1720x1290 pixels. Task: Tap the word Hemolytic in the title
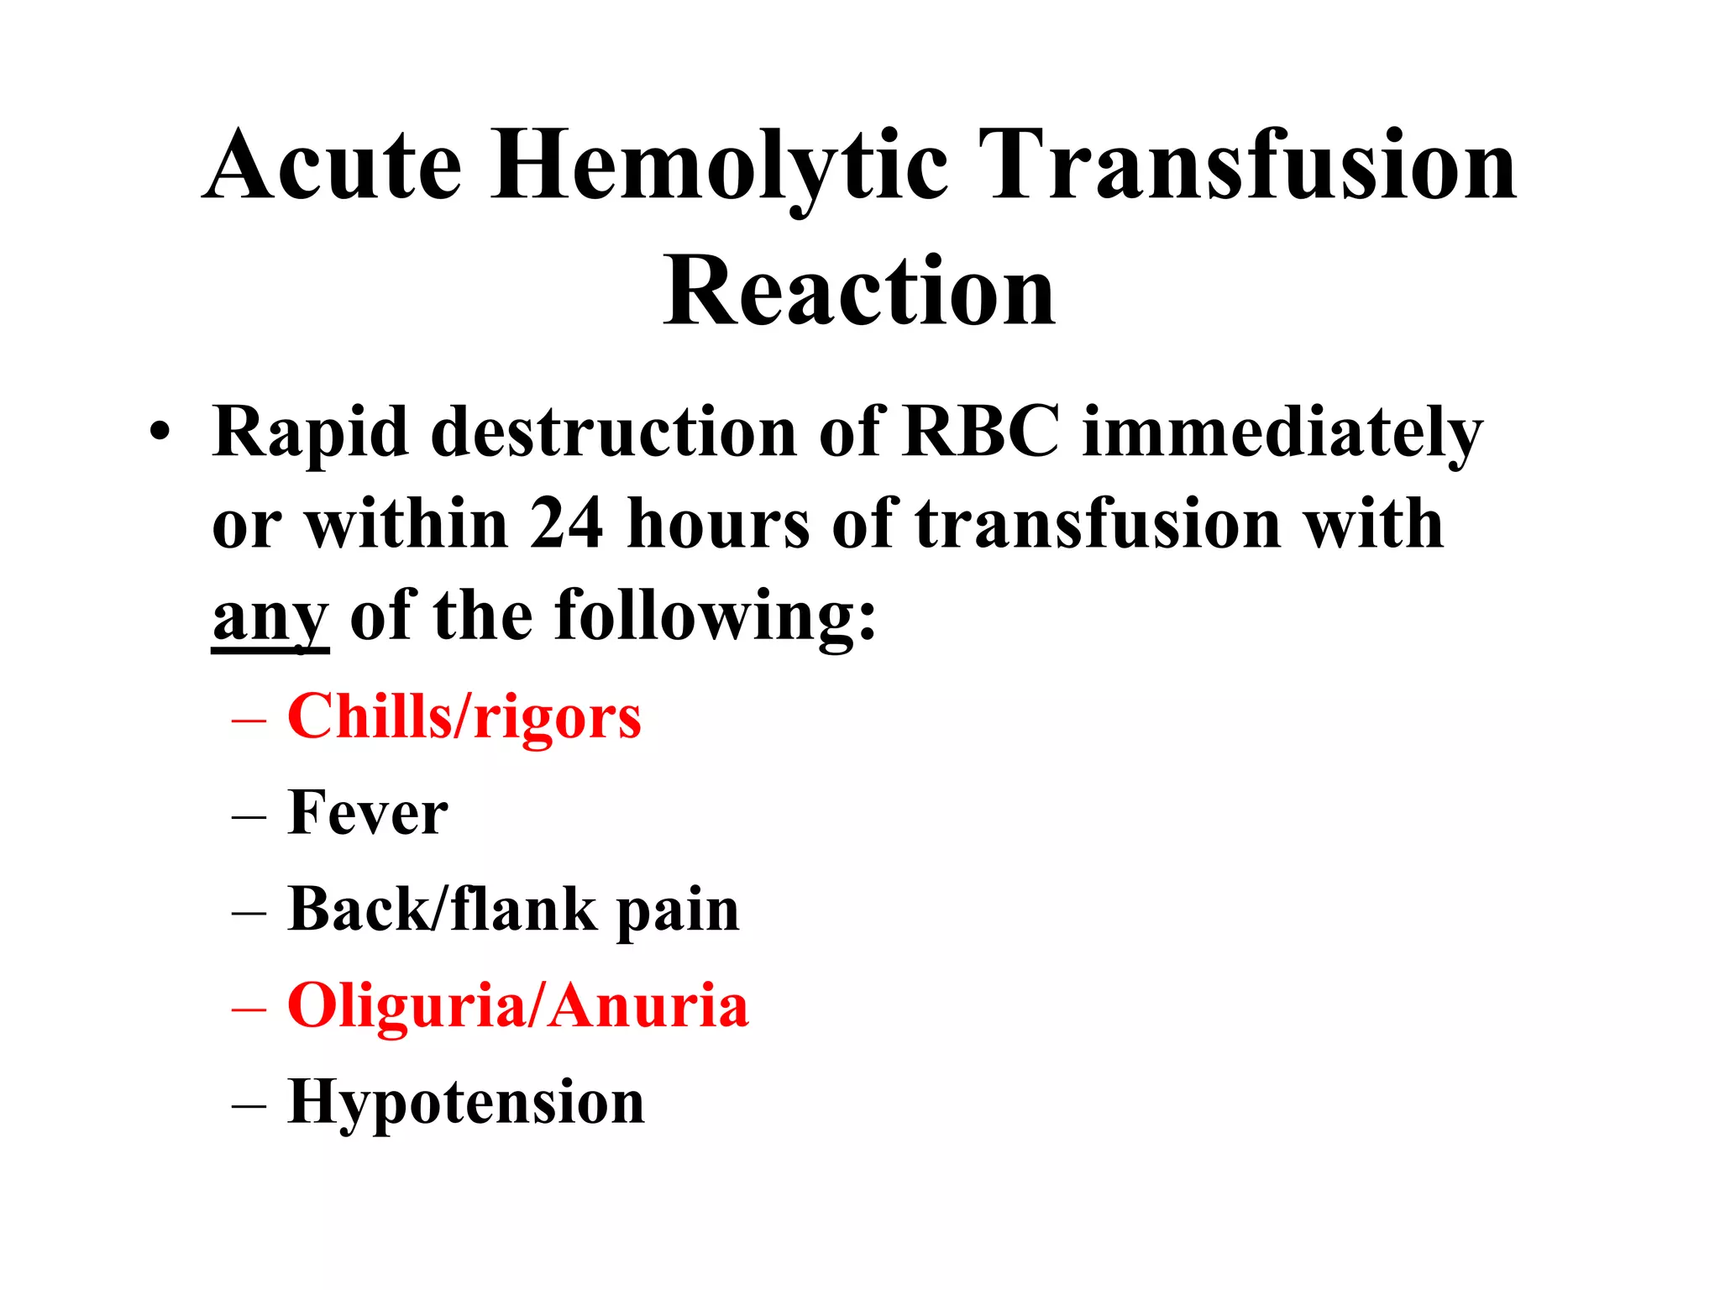click(719, 166)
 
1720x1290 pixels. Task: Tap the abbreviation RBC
click(980, 432)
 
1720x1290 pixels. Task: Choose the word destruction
click(613, 432)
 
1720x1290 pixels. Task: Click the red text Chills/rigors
click(464, 718)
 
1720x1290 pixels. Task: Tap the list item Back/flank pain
click(513, 910)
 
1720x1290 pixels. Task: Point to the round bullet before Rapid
click(160, 434)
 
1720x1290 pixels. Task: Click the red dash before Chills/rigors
click(249, 721)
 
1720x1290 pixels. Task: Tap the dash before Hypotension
click(249, 1105)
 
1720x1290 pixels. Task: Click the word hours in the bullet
click(718, 523)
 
